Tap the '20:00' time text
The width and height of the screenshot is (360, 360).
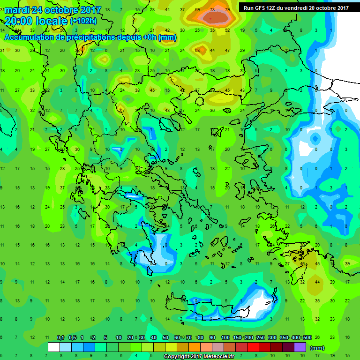click(18, 21)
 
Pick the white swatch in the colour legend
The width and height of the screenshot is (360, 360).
click(54, 347)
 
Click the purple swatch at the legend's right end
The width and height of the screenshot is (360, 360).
click(300, 347)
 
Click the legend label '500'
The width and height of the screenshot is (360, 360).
click(307, 338)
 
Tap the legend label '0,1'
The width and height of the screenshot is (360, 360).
click(60, 338)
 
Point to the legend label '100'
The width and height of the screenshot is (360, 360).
click(225, 338)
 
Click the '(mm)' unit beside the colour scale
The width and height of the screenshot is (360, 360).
click(317, 348)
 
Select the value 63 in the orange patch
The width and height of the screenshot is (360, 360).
click(197, 51)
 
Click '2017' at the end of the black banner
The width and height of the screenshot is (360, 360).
click(342, 8)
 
